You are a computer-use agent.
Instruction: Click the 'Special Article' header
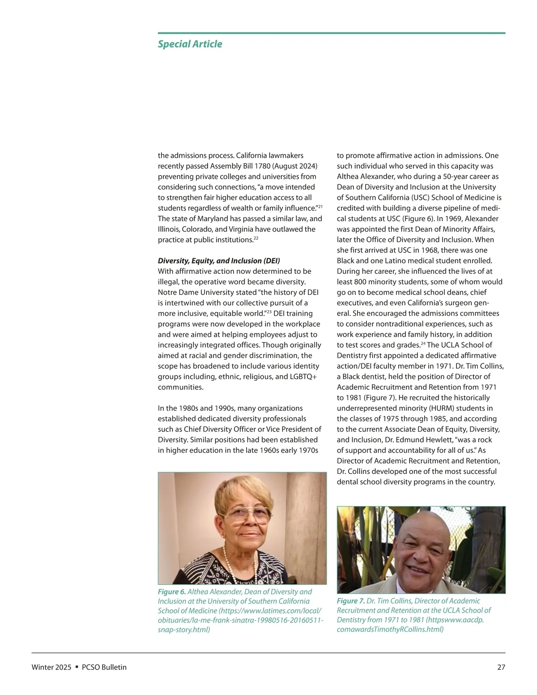pos(190,44)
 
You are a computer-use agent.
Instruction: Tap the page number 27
pos(501,667)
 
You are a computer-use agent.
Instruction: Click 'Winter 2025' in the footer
pos(51,667)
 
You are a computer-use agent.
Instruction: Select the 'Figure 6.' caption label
pos(171,592)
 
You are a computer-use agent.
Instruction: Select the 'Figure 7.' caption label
pos(350,601)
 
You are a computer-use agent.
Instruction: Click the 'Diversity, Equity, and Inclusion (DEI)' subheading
pos(219,260)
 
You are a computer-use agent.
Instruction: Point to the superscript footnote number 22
pos(256,238)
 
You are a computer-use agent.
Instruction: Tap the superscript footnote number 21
pos(320,206)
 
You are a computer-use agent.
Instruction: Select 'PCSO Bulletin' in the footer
pos(104,667)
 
